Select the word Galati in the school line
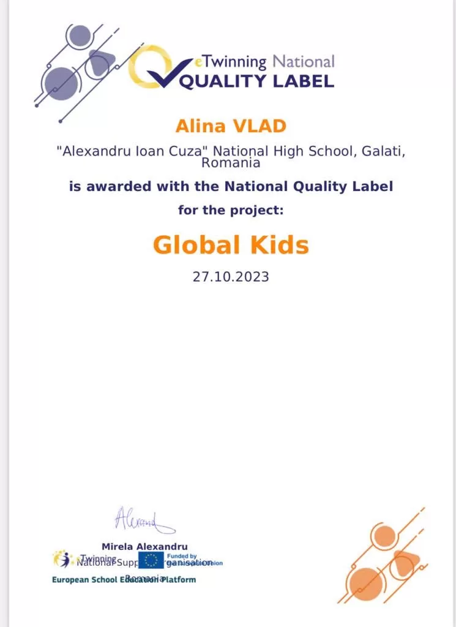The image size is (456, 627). click(378, 151)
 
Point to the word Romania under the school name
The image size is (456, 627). click(231, 163)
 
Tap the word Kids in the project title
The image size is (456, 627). click(278, 245)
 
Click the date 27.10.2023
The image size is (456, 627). click(231, 277)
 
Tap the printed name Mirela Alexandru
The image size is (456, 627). click(144, 546)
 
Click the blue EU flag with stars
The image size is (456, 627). click(151, 560)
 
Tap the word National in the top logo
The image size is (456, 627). click(304, 61)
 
